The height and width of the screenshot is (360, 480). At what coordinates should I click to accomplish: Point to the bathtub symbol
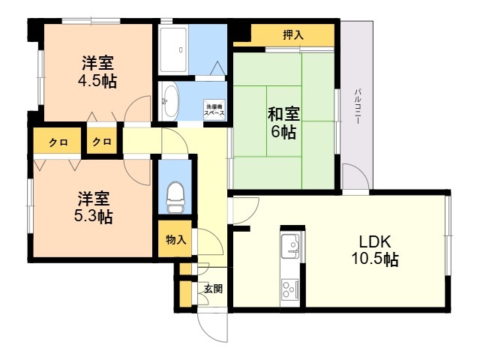click(173, 50)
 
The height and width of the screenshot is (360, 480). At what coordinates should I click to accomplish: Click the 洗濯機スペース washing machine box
click(214, 109)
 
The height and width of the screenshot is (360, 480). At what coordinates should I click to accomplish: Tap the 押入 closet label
click(293, 35)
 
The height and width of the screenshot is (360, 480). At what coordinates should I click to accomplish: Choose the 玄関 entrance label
click(213, 288)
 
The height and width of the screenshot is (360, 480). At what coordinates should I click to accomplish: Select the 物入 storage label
click(175, 239)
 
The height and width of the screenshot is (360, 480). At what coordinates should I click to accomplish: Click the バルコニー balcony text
click(358, 106)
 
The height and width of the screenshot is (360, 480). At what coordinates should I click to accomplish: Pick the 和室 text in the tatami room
click(283, 114)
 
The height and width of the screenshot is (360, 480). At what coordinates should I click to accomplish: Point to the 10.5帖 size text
click(375, 259)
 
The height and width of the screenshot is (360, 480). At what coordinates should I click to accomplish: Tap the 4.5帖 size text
click(97, 81)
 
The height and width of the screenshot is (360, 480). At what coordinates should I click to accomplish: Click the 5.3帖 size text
click(93, 217)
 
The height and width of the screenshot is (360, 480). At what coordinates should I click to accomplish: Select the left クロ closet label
click(58, 142)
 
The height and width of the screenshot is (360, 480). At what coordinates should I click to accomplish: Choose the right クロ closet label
click(102, 142)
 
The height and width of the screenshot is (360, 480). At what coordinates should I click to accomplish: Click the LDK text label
click(375, 241)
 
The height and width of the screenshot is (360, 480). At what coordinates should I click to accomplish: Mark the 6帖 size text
click(283, 132)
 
